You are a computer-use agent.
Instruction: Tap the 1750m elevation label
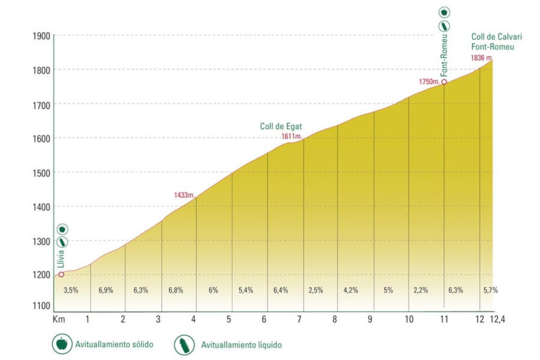pos(430,82)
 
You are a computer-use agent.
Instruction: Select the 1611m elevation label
pos(291,137)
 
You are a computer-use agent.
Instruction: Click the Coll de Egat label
pos(281,127)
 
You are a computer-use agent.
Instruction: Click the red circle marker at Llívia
pos(61,274)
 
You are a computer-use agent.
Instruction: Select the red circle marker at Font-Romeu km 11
pos(444,82)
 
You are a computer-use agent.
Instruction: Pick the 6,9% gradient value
pos(105,290)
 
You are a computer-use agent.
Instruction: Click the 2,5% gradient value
pos(316,290)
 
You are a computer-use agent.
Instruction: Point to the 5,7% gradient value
pos(490,290)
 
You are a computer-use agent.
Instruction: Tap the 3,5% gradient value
pos(71,290)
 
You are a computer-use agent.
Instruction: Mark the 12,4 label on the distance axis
pos(497,319)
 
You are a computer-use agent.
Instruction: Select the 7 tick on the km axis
pos(299,319)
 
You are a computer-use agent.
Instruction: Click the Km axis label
pos(59,319)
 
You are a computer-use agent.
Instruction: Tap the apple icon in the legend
pos(61,344)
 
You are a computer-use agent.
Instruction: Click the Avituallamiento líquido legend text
pos(241,345)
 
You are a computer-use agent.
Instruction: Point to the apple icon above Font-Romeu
pos(444,12)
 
